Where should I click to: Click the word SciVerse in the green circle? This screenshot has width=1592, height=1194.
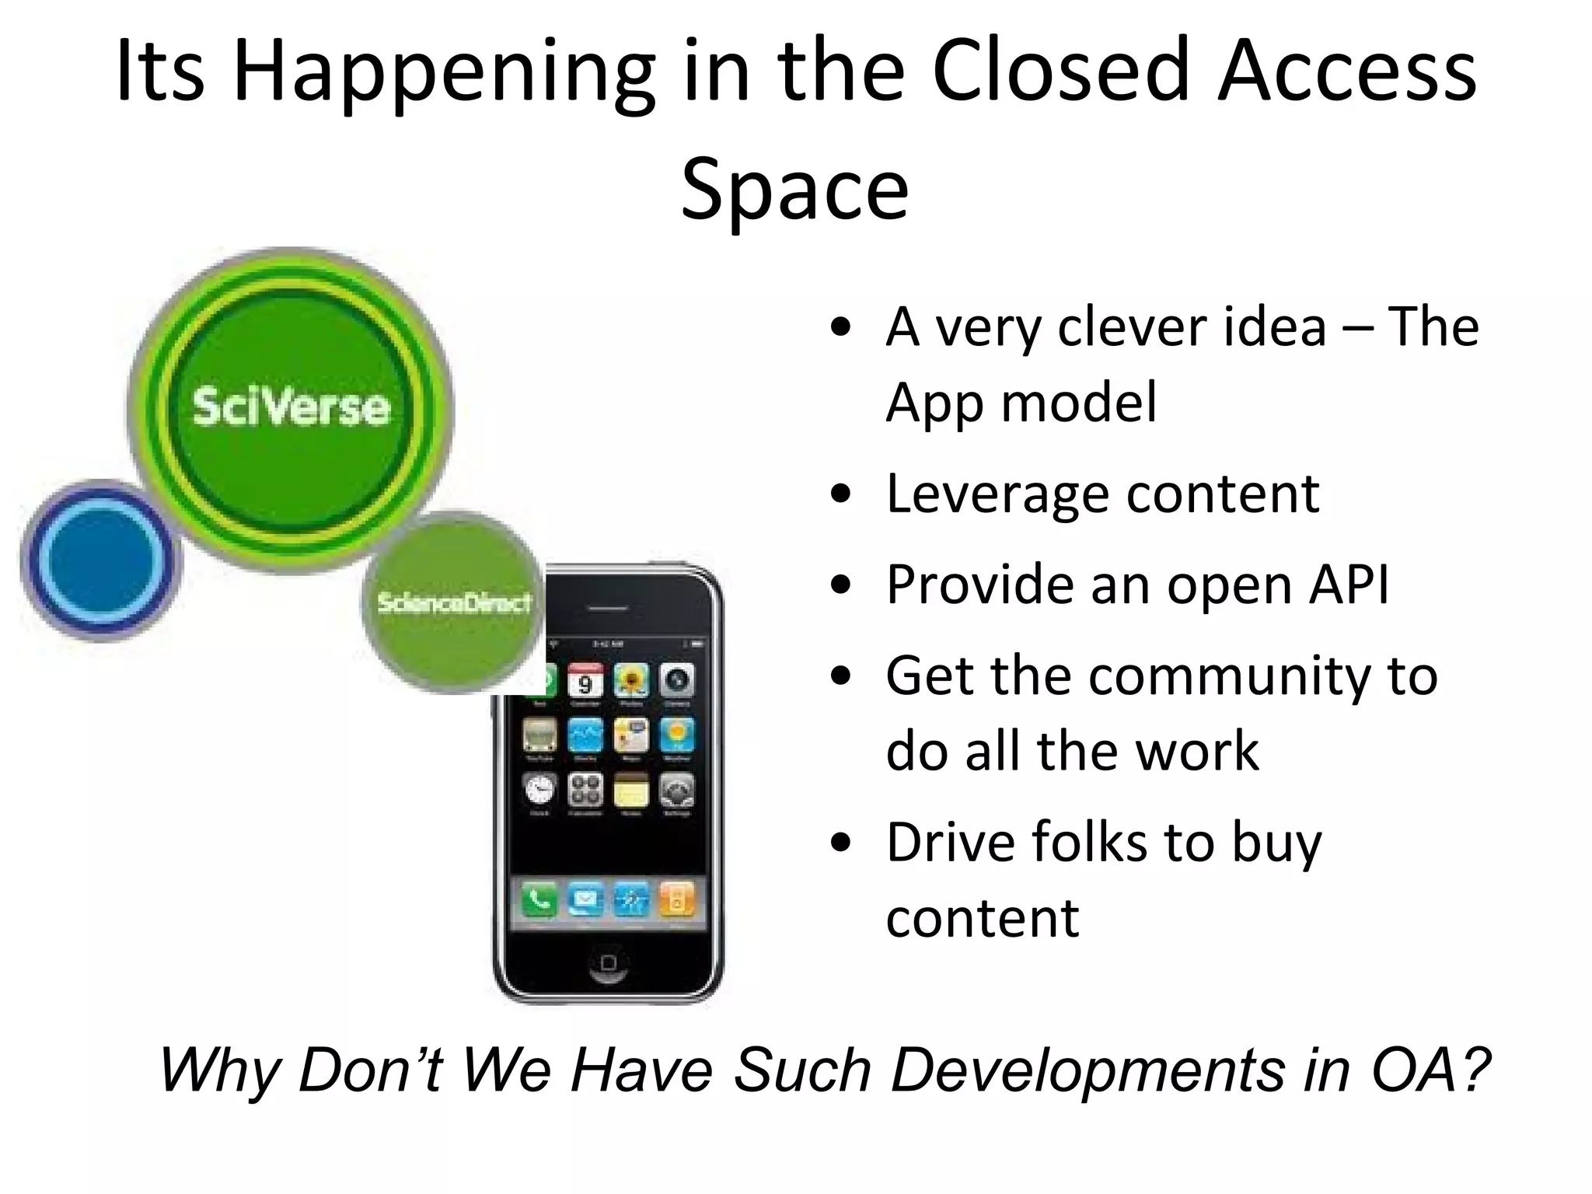291,407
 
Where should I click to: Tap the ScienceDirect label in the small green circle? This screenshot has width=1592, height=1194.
454,602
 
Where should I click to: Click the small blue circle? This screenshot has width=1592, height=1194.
100,559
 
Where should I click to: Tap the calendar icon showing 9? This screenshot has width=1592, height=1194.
585,681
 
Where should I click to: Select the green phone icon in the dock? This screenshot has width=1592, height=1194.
539,900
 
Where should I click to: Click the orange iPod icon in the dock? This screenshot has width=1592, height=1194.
676,900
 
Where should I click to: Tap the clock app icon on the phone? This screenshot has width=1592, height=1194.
539,791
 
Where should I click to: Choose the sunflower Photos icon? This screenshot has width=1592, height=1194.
631,681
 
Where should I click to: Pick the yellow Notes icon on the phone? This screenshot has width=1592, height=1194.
631,791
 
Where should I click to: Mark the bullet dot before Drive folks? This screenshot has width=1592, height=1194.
840,843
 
